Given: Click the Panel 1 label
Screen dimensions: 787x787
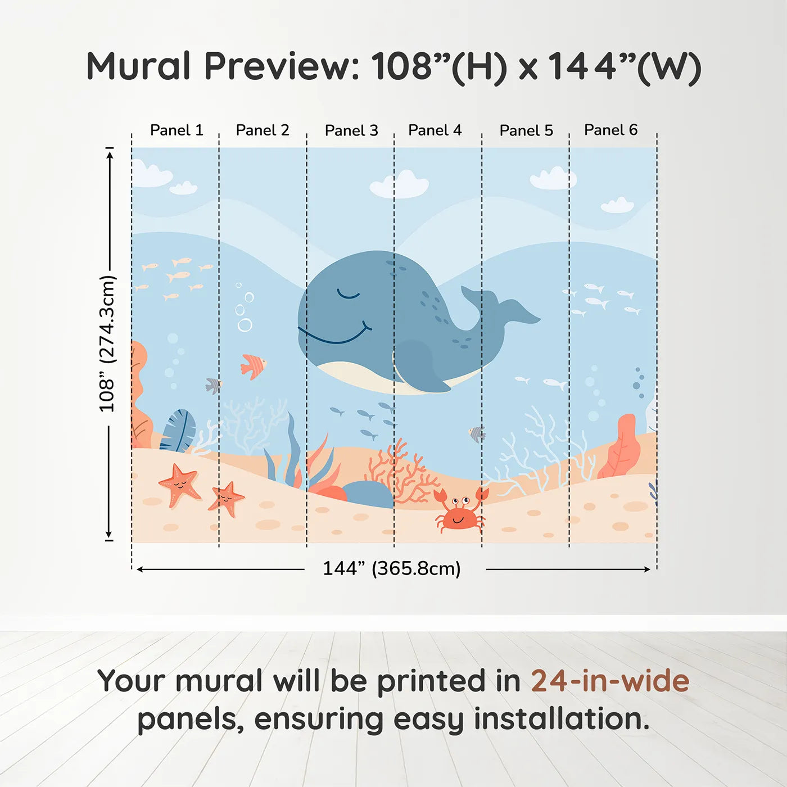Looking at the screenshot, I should tap(177, 130).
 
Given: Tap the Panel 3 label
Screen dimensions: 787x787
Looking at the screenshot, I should tap(351, 131).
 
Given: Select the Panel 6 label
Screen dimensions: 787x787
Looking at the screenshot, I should tap(610, 130).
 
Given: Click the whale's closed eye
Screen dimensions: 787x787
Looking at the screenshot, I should tap(348, 294).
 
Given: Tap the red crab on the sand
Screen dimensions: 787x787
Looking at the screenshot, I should tap(460, 511).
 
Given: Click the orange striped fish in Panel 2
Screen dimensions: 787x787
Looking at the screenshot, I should tap(252, 366).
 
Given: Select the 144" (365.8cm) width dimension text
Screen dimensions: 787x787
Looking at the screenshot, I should tap(391, 569).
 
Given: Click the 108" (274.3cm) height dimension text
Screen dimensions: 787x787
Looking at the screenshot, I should tap(107, 344).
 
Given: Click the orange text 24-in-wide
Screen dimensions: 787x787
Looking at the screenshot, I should tap(610, 681).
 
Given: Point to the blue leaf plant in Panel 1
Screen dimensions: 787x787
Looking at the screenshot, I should tap(179, 431).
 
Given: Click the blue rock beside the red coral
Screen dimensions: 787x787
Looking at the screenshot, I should tap(368, 494).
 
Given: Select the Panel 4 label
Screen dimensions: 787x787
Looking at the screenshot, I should tap(435, 130).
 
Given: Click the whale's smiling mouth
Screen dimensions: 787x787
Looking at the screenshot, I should tap(335, 336).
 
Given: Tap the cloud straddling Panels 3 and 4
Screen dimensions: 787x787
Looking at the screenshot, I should tap(400, 185).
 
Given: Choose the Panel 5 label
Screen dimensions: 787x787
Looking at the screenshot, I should tap(526, 131).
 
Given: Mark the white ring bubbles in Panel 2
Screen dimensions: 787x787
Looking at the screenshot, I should tap(245, 311).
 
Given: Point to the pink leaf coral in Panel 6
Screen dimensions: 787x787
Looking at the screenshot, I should tap(621, 447).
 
